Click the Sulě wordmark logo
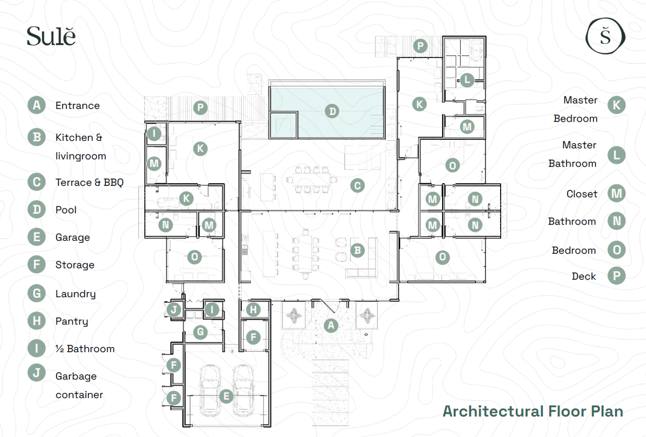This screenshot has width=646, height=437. (x=51, y=36)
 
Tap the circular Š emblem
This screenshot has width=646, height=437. (x=605, y=36)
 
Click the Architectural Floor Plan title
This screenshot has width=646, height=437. (x=533, y=411)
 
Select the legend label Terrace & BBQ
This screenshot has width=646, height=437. (x=89, y=183)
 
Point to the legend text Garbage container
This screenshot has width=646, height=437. (x=79, y=386)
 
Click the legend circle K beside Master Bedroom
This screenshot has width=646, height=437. (x=616, y=105)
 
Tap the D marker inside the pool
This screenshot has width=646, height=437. (x=332, y=111)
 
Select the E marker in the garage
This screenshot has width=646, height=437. (x=226, y=396)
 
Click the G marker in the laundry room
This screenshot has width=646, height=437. (x=200, y=332)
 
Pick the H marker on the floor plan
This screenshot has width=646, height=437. (x=253, y=310)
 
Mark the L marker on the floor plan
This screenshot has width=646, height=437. (x=467, y=80)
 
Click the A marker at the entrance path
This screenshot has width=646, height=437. (x=331, y=325)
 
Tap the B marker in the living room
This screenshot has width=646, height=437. (x=357, y=250)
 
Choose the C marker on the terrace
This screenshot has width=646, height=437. (x=357, y=185)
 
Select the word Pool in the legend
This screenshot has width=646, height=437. (x=66, y=210)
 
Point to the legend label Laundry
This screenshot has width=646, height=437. (x=76, y=294)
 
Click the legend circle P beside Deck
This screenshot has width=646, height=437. (x=616, y=276)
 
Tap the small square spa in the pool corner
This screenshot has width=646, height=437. (x=284, y=125)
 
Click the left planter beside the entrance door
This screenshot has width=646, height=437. (x=294, y=315)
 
